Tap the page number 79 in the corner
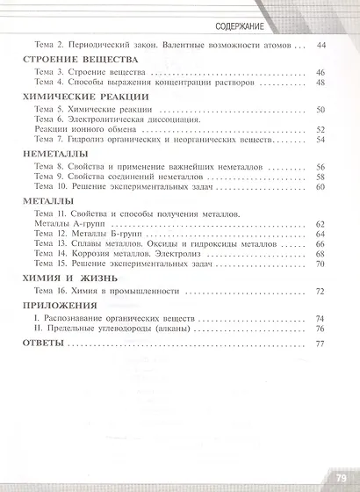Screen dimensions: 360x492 (341, 479)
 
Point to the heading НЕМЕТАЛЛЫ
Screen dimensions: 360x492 (51, 153)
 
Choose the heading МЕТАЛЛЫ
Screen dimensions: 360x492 (44, 200)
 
